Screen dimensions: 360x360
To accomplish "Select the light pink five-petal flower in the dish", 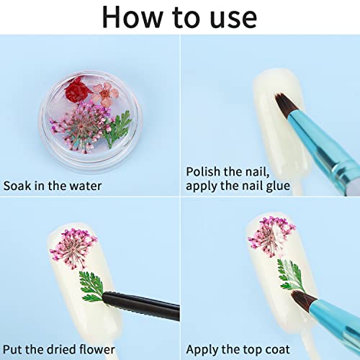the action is click(105, 94).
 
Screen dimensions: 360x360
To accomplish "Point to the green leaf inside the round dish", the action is click(117, 128).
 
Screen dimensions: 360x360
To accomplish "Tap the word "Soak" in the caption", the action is click(17, 186).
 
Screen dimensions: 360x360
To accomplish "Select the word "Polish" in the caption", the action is click(203, 172).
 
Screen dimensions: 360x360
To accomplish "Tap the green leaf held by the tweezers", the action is click(91, 286).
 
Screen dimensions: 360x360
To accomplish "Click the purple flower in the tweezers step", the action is click(73, 248).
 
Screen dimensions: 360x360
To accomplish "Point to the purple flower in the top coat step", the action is click(271, 237).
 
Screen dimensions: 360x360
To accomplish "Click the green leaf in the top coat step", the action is click(291, 275).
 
